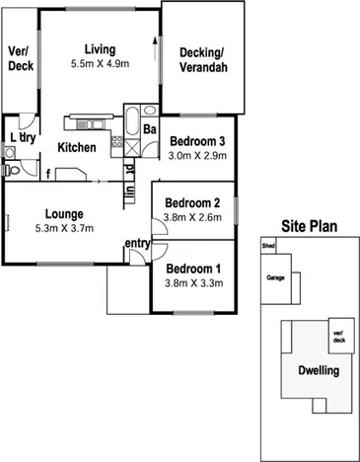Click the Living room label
click(100, 49)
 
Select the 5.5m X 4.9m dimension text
click(100, 64)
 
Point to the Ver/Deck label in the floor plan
click(21, 58)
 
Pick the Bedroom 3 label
click(195, 141)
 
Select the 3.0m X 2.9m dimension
click(197, 156)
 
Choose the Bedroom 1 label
click(193, 269)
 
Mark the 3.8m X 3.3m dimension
click(194, 283)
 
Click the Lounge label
click(63, 213)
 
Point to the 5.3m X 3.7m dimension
click(63, 228)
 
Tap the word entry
click(137, 244)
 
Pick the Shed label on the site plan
click(267, 246)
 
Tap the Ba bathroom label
click(150, 129)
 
